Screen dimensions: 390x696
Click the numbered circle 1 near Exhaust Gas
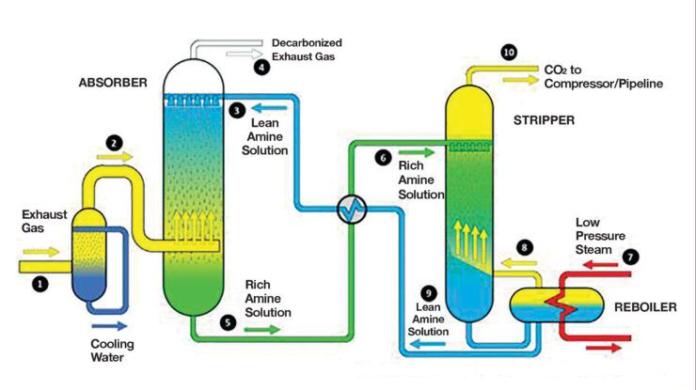click(x=40, y=282)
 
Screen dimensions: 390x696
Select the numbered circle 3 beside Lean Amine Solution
click(x=237, y=110)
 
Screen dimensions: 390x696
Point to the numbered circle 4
click(x=261, y=66)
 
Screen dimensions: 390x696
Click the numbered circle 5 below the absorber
click(x=228, y=320)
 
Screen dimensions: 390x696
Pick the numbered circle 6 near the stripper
click(x=382, y=158)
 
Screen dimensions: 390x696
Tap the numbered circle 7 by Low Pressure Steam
click(x=631, y=256)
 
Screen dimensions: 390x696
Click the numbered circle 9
click(x=430, y=292)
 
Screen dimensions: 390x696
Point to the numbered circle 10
click(x=509, y=53)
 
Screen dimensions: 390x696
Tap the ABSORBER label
click(x=112, y=83)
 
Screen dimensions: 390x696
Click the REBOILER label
click(x=644, y=307)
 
